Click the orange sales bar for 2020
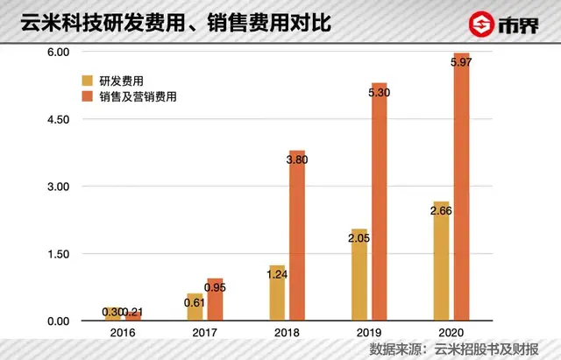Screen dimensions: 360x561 point(462,193)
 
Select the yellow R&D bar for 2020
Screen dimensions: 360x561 point(440,267)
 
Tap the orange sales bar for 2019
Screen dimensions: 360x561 point(380,210)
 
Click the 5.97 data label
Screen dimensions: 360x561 point(462,62)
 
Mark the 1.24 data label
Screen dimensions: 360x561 point(276,274)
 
